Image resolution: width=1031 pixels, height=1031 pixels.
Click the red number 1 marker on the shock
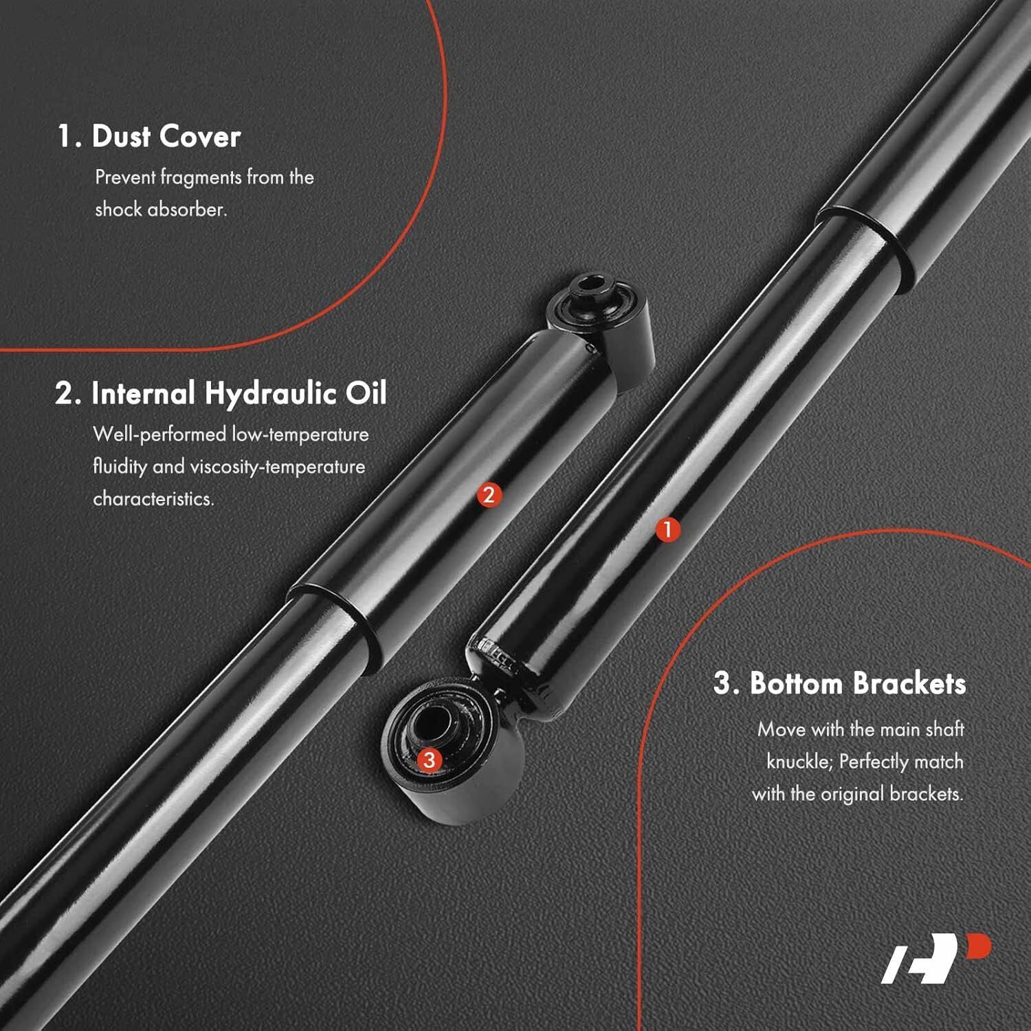(x=667, y=530)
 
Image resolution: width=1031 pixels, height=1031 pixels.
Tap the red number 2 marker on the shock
(x=489, y=495)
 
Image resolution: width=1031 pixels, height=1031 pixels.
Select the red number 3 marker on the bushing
(x=430, y=760)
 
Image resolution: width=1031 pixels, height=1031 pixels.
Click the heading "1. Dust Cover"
(x=149, y=136)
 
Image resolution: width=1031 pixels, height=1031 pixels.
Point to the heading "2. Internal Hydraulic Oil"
(x=221, y=393)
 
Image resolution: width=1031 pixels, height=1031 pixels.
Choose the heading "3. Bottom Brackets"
(x=840, y=683)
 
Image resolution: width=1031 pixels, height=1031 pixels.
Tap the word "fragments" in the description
(x=201, y=178)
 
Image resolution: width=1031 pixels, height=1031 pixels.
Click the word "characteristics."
(x=153, y=498)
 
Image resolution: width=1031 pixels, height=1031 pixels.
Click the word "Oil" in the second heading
(x=366, y=393)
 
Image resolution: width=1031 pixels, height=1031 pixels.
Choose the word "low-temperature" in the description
(x=300, y=434)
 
